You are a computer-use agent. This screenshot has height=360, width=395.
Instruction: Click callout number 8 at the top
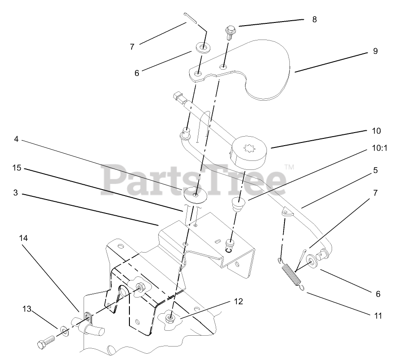tap(314, 19)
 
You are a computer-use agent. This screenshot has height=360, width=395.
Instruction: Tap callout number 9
tap(375, 51)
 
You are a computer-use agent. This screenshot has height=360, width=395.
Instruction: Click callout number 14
tap(23, 238)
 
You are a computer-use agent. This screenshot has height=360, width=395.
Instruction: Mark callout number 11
tap(377, 316)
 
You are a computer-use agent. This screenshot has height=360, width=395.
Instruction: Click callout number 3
tap(15, 193)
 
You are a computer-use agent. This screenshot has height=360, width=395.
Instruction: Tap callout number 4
tap(16, 139)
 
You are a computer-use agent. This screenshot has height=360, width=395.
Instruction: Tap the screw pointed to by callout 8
tap(228, 31)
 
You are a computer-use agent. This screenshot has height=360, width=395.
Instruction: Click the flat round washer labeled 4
tap(196, 194)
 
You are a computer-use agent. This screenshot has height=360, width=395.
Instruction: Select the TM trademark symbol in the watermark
tap(289, 167)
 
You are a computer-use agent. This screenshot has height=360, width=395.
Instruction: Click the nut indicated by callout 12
tap(170, 318)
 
